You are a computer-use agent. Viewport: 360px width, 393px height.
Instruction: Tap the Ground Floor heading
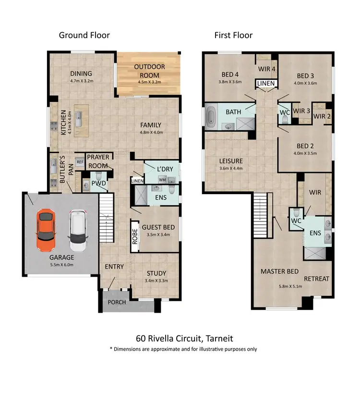[84, 35]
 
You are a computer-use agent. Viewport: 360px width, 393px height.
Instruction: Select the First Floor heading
[233, 35]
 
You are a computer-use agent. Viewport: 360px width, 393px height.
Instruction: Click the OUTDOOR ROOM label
[149, 71]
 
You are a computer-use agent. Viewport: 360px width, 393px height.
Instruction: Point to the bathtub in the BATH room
[211, 117]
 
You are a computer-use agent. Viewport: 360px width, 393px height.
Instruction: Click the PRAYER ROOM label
[98, 161]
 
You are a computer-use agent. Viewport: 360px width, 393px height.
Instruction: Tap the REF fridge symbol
[80, 163]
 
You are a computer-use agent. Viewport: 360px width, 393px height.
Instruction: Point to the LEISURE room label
[231, 161]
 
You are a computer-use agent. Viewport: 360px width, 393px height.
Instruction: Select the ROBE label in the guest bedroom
[135, 237]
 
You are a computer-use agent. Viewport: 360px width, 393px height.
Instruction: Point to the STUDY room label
[156, 273]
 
